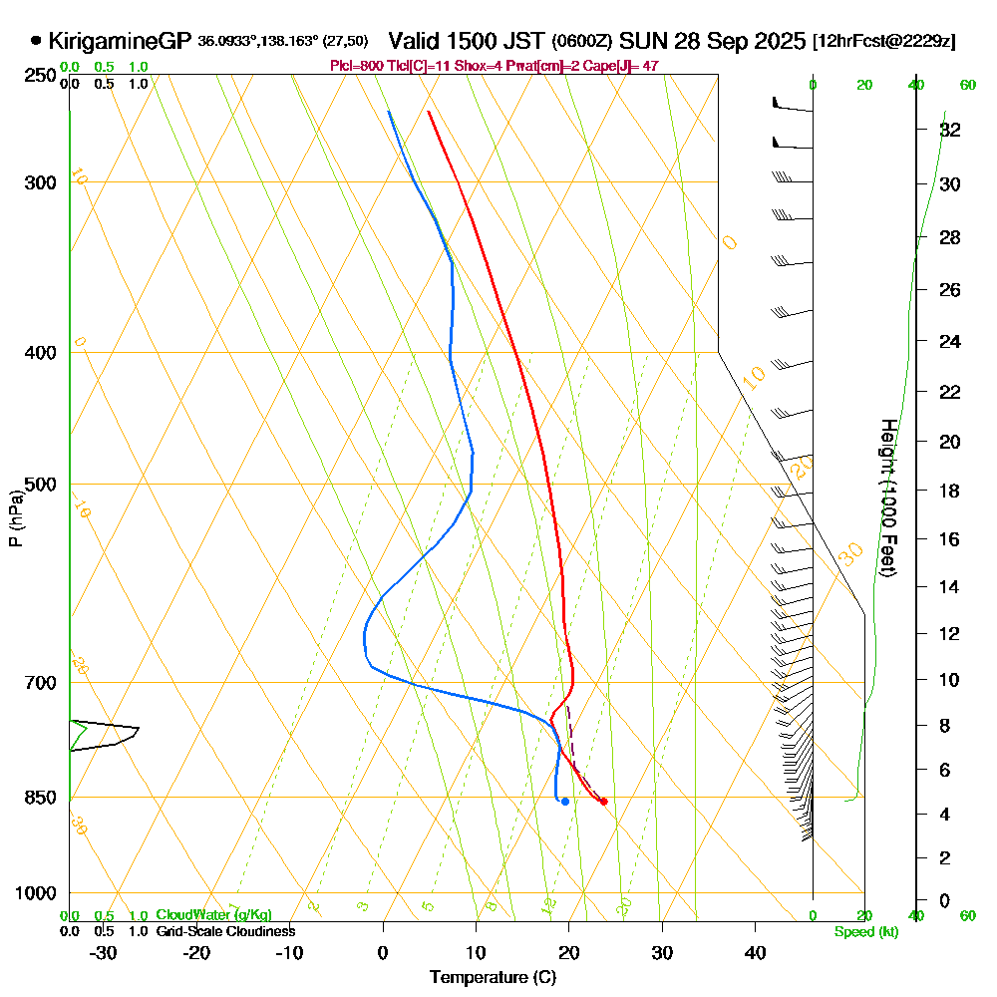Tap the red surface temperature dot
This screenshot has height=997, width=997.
coord(603,802)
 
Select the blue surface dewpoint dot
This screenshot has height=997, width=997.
coord(565,801)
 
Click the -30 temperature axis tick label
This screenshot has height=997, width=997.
coord(104,952)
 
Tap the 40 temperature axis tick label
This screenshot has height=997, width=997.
coord(755,952)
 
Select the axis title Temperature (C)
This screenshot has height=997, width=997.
coord(493,977)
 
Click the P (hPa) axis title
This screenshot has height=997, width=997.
coord(15,518)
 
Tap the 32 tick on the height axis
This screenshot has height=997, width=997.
coord(949,130)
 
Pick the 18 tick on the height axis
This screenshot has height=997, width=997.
coord(949,491)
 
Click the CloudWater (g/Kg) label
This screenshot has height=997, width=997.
coord(212,914)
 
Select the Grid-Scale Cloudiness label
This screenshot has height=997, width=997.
coord(224,931)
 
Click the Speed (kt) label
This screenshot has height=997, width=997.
coord(865,932)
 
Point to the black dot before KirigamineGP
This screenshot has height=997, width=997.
coord(37,41)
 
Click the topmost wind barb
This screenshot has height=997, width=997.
coord(793,105)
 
